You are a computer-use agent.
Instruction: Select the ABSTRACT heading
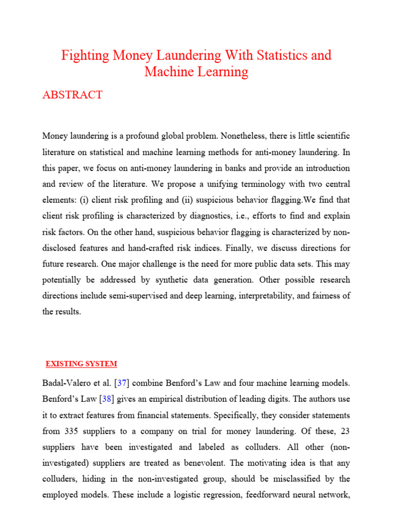[72, 95]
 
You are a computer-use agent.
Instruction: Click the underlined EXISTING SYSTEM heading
[81, 364]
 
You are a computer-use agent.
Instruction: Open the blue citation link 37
[121, 382]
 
